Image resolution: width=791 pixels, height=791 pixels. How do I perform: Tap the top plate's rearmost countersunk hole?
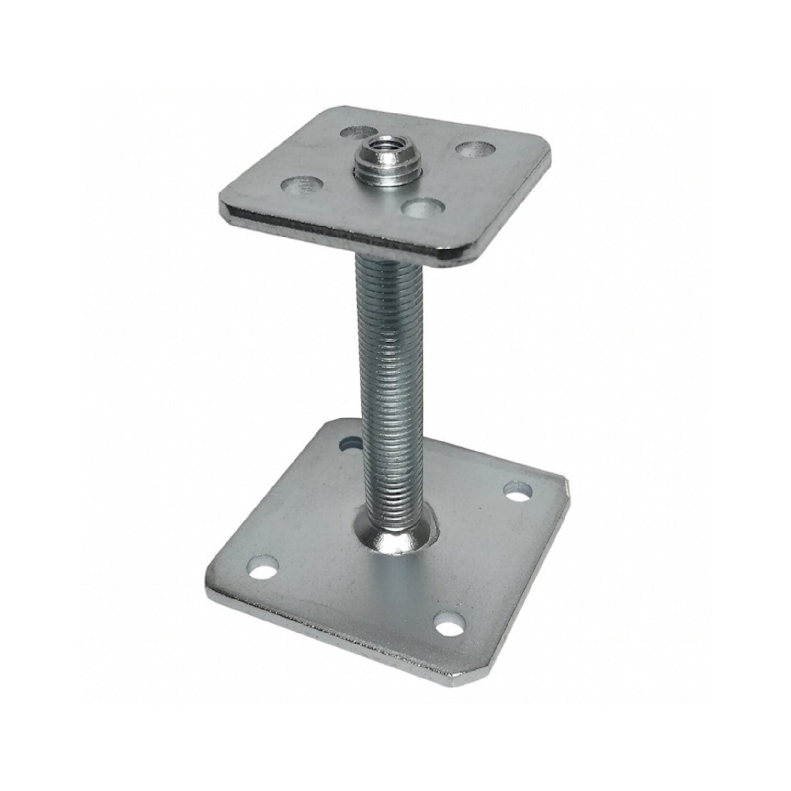coord(356,133)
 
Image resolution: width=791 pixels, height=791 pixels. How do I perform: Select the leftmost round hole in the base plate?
coord(262,568)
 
